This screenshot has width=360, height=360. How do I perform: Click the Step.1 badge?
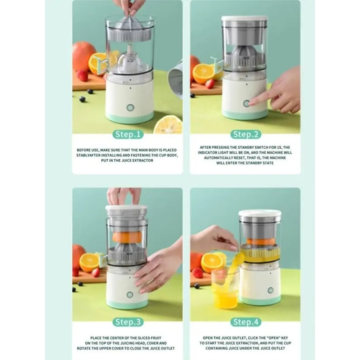[x=128, y=134]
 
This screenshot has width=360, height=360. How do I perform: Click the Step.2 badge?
[x=246, y=134]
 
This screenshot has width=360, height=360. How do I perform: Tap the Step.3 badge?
[x=128, y=322]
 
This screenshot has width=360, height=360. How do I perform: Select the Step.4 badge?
[x=246, y=322]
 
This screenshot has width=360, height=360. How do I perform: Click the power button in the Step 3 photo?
[x=130, y=294]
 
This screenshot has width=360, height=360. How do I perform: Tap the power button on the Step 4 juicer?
[x=270, y=290]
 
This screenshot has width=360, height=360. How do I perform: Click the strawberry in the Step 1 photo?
[x=82, y=75]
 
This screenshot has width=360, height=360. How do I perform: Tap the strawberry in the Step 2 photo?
[x=210, y=84]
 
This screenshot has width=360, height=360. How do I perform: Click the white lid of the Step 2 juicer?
[x=244, y=19]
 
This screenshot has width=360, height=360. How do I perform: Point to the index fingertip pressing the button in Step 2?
[x=251, y=103]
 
